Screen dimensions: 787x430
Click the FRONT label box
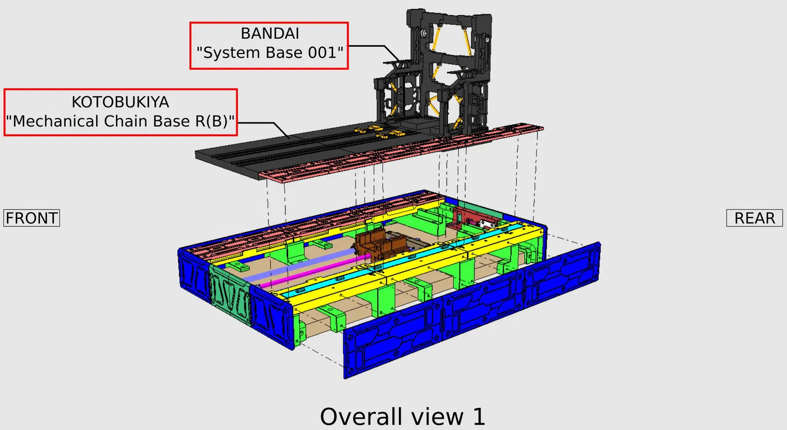(x=31, y=218)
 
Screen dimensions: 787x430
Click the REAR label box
(x=755, y=218)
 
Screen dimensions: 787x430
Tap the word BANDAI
(x=270, y=34)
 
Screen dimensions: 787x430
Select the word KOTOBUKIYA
(x=120, y=102)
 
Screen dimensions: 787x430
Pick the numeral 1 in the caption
(x=479, y=417)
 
